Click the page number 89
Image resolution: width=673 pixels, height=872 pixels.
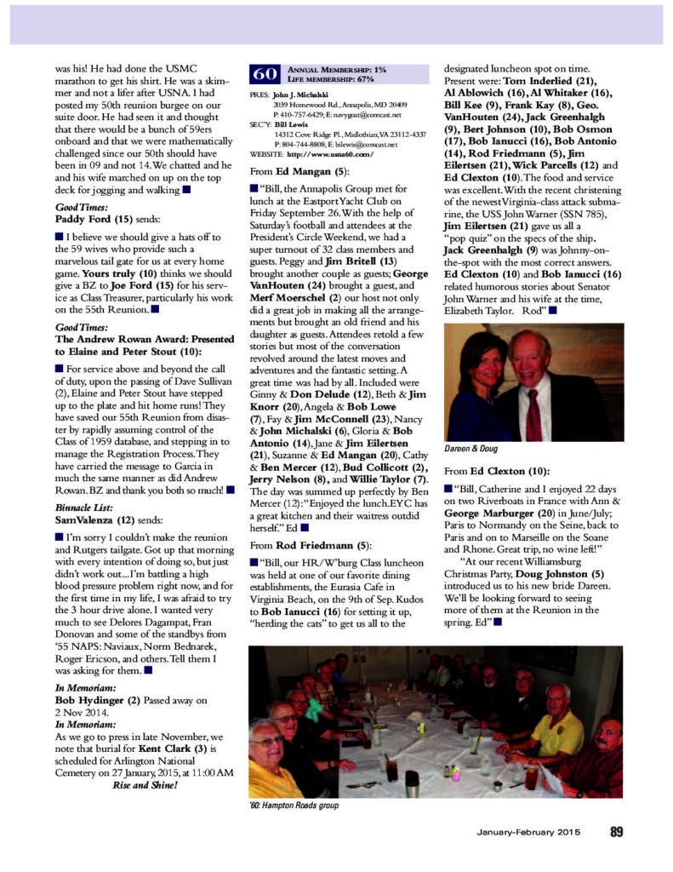pos(618,832)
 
